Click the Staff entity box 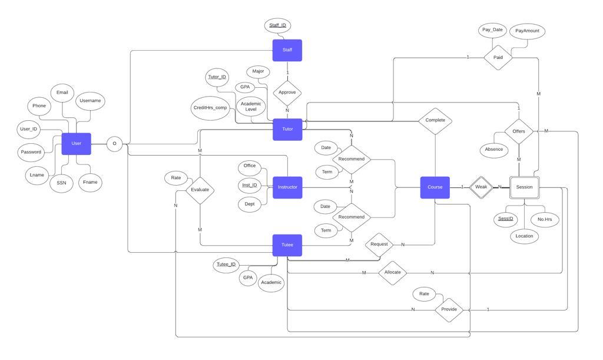tap(287, 50)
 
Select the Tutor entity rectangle tap(287, 129)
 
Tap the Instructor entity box tap(287, 187)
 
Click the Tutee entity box tap(287, 245)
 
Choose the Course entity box tap(435, 187)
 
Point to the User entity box tap(76, 143)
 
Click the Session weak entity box tap(524, 187)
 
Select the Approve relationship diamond tap(287, 93)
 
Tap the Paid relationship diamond tap(498, 58)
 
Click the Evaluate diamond tap(200, 190)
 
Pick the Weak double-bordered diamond tap(481, 187)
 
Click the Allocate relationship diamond tap(392, 273)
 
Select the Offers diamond tap(519, 131)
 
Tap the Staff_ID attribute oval tap(277, 25)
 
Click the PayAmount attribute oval tap(527, 31)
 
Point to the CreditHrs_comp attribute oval tap(210, 108)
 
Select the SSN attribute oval tap(61, 183)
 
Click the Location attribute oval tap(524, 236)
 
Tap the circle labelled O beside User tap(114, 144)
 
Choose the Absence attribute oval tap(493, 150)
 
